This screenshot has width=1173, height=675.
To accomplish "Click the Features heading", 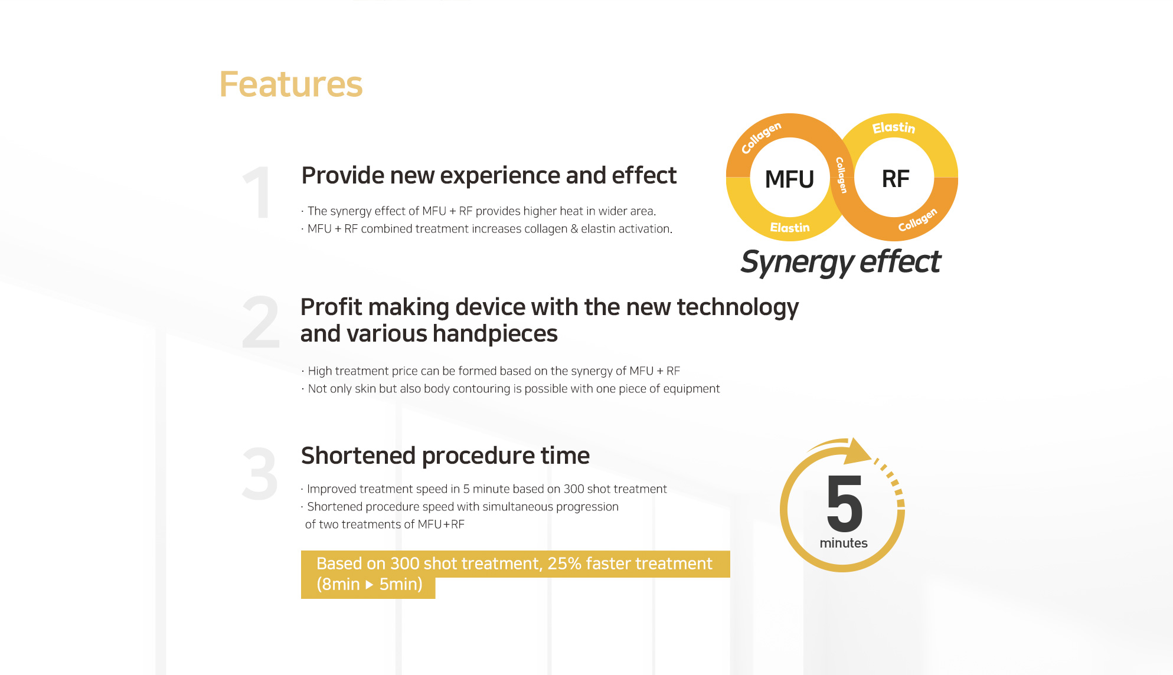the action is click(291, 84).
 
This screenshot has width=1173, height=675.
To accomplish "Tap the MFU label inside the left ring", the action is click(789, 179).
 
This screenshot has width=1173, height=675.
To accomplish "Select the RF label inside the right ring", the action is click(896, 179).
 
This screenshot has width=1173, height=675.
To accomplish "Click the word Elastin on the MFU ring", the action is click(790, 228).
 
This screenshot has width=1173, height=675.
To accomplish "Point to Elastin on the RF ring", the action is click(894, 127).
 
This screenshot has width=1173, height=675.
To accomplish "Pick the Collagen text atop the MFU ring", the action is click(761, 137).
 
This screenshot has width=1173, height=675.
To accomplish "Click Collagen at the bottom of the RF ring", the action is click(917, 219).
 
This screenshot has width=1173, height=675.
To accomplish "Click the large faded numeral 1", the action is click(257, 192).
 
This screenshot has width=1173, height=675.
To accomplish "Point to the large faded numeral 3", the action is click(260, 473).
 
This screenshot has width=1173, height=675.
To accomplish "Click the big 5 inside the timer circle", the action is click(845, 503).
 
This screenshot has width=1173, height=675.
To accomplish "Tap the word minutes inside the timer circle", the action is click(844, 543).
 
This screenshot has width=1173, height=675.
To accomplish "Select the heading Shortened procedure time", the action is click(445, 456).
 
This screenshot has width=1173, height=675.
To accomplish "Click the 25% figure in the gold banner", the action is click(564, 563).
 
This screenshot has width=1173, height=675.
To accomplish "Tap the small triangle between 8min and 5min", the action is click(370, 585).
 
